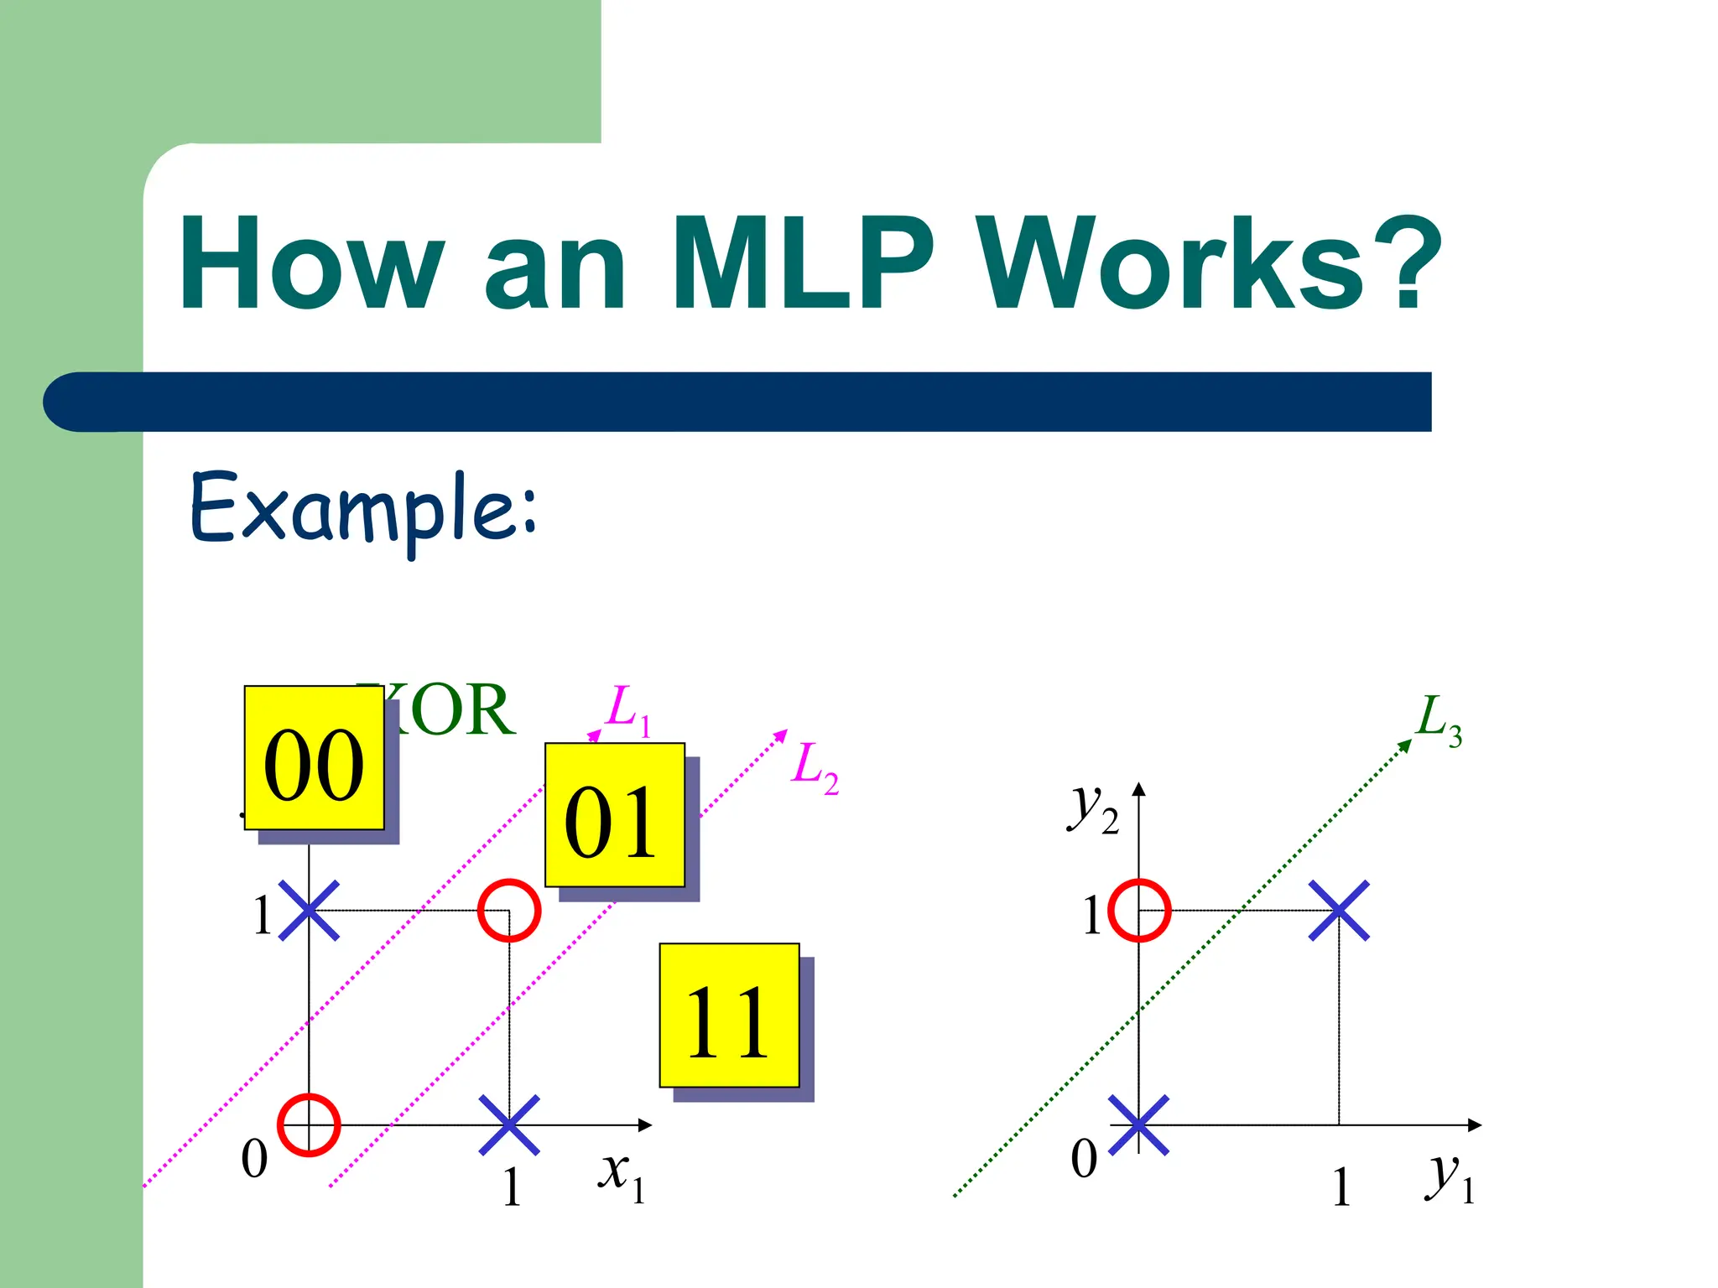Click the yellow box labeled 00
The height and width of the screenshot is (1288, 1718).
tap(315, 758)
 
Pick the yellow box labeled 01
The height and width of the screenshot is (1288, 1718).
tap(615, 815)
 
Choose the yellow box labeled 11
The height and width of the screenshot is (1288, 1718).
tap(729, 1015)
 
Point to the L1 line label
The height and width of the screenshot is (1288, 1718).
tap(628, 709)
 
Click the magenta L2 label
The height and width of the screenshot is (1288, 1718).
tap(814, 767)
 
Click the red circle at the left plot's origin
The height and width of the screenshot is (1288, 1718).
tap(309, 1125)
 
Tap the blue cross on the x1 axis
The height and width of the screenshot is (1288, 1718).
tap(509, 1125)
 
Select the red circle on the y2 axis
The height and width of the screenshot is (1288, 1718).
tap(1139, 911)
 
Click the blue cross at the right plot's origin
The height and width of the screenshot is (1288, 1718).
tap(1139, 1125)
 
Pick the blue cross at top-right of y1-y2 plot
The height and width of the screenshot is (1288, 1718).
tap(1339, 911)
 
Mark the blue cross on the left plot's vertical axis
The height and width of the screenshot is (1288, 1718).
tap(309, 911)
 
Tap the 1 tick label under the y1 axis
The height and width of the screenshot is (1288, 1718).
tap(1341, 1187)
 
